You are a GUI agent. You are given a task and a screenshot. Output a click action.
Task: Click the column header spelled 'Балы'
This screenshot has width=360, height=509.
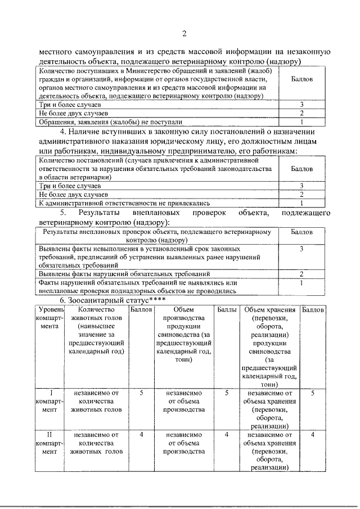click(x=226, y=310)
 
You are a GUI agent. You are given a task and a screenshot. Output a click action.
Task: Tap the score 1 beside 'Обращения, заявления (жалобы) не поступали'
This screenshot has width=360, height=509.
click(x=302, y=121)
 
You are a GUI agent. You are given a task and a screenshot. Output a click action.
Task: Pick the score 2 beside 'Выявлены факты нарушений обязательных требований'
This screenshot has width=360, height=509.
click(x=302, y=273)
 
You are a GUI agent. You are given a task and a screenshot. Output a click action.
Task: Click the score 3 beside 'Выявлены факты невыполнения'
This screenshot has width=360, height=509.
click(x=302, y=248)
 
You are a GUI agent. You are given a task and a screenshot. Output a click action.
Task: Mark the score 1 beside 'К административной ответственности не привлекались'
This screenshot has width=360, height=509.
click(x=302, y=202)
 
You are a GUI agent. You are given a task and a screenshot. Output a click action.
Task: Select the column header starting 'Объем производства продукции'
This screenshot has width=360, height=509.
click(x=184, y=335)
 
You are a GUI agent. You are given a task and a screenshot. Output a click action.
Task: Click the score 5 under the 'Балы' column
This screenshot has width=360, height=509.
click(x=226, y=393)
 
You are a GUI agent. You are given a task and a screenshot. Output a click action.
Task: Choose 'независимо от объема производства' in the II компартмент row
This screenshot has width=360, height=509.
click(x=184, y=443)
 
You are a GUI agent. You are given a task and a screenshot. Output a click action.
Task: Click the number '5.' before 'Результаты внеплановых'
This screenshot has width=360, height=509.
click(x=64, y=213)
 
